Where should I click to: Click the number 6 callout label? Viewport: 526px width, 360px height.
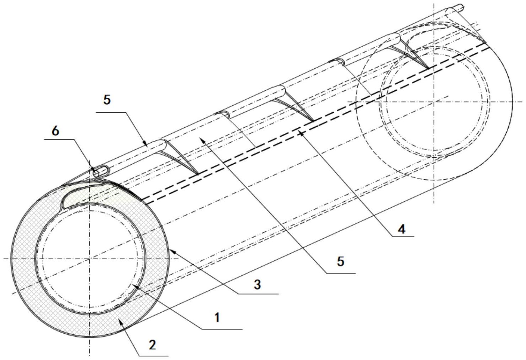coord(55,131)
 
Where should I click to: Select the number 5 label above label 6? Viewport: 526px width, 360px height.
coord(107,100)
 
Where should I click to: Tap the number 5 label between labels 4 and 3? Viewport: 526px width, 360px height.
coord(340,261)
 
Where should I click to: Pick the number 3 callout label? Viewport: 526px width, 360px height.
coord(257,285)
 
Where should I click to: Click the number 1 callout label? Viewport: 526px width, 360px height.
coord(217,318)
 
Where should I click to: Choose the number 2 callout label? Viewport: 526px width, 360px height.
coord(153,345)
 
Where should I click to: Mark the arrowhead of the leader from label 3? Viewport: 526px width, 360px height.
coord(172,252)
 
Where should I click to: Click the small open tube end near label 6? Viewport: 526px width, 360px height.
coord(96,174)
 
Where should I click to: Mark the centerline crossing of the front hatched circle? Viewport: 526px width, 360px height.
coord(90,259)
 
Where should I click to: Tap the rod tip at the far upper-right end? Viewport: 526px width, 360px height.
coord(462,7)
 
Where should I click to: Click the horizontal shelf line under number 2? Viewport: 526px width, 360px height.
coord(154,356)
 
